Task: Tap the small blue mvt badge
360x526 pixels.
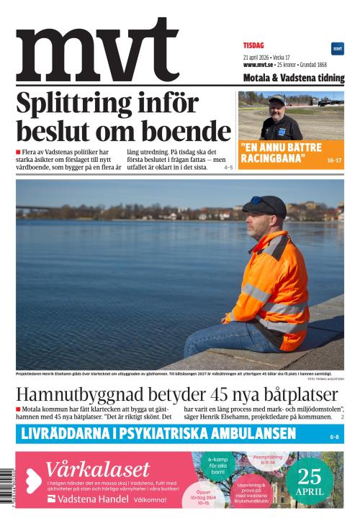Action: [x=337, y=48]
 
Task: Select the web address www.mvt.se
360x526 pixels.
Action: [x=258, y=65]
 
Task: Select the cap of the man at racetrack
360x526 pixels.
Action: [x=276, y=99]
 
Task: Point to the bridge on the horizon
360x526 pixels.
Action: [x=36, y=211]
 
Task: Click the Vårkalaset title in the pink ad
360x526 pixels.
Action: [x=97, y=468]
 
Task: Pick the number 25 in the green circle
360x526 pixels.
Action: [x=310, y=476]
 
